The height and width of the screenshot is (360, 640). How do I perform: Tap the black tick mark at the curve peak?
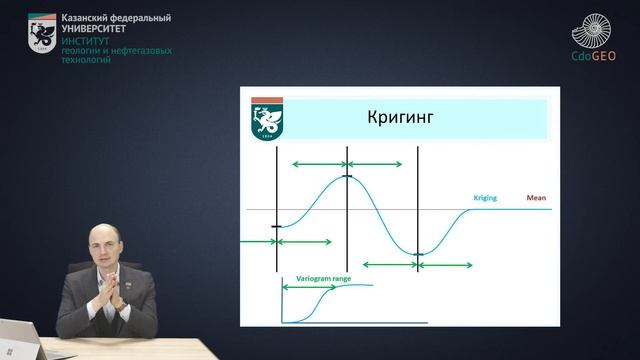pyautogui.click(x=347, y=176)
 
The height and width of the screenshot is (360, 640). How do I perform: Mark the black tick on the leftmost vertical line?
pyautogui.click(x=276, y=227)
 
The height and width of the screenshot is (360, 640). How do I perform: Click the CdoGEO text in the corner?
pyautogui.click(x=592, y=56)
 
